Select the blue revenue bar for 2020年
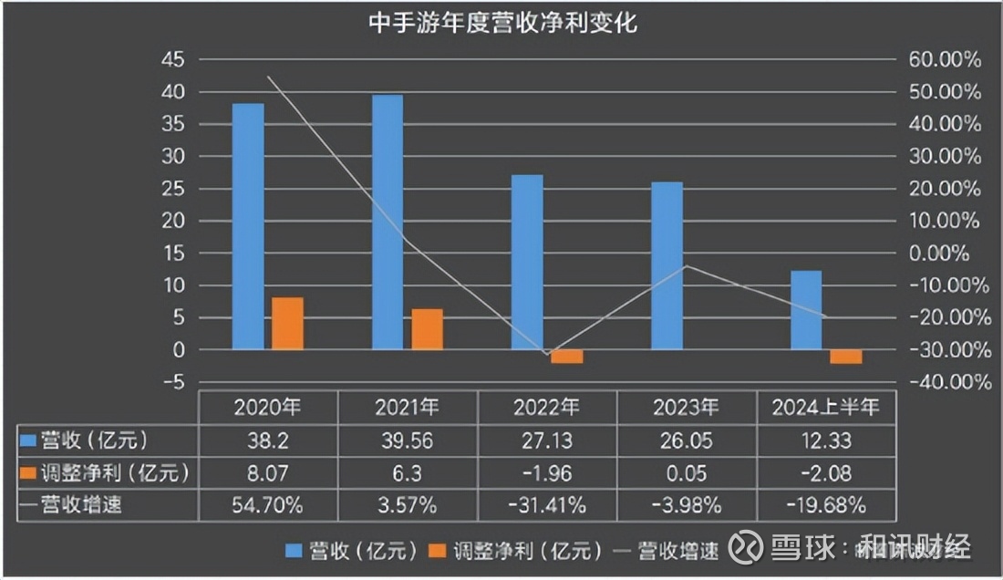(248, 226)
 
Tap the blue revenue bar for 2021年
(388, 222)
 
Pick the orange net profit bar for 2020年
(288, 324)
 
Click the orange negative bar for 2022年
(567, 357)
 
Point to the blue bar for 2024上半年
(806, 310)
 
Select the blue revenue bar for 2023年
(667, 265)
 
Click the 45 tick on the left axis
(173, 60)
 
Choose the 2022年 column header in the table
(547, 407)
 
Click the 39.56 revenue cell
(408, 440)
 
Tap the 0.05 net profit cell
(688, 472)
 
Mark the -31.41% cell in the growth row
(547, 504)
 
